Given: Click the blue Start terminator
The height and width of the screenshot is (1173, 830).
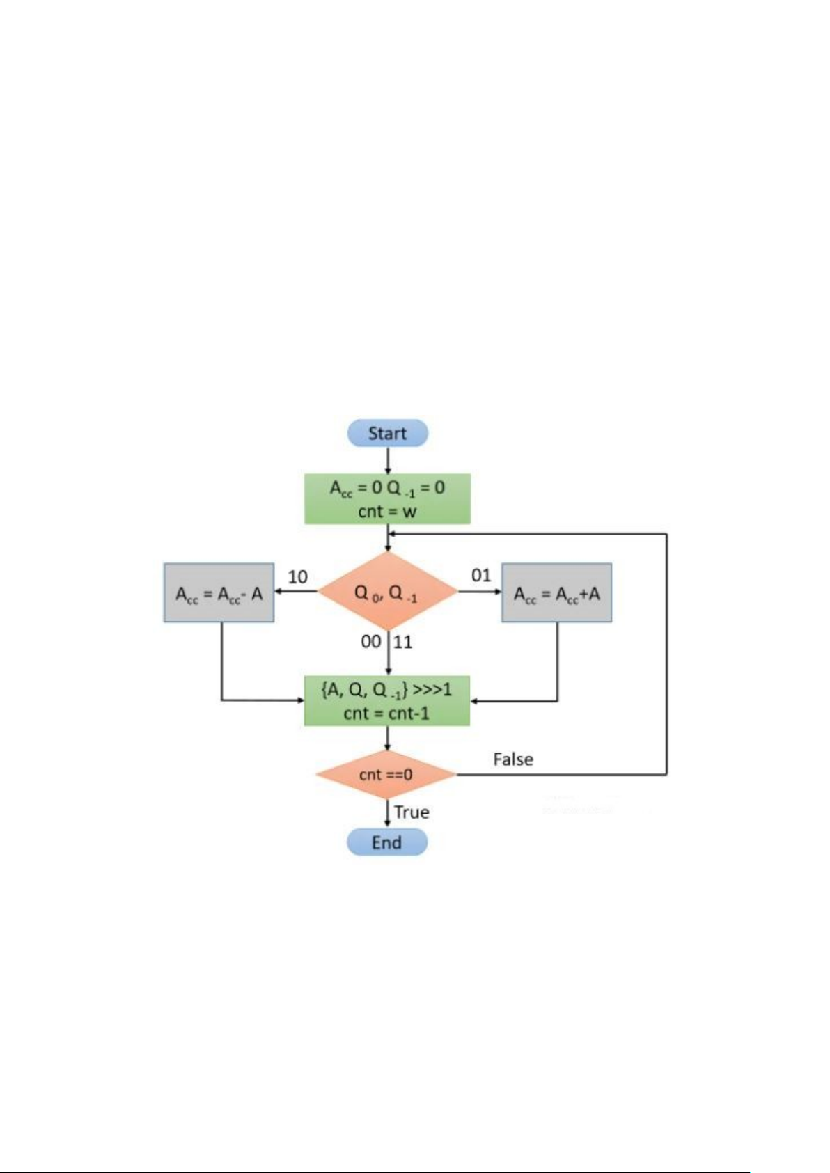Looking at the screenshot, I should coord(387,433).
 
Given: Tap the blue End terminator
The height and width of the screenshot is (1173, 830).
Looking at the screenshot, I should coord(386,842).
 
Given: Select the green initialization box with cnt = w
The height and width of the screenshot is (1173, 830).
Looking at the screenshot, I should coord(387,498).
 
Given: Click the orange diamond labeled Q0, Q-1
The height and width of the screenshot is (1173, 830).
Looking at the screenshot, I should coord(387,592).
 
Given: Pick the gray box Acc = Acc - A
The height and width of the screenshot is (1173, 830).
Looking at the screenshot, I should coord(219,593).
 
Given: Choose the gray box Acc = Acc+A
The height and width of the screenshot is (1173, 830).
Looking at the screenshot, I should coord(556,593).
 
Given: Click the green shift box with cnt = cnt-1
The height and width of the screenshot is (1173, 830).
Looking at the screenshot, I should coord(387,701).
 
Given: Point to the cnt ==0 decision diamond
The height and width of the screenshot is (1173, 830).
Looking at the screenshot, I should coord(386,774).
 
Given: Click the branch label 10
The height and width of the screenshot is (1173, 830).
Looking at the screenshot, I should coord(297,576).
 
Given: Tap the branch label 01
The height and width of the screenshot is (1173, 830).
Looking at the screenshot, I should coord(481,576).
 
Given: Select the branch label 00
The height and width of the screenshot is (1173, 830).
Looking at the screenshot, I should coord(371,641).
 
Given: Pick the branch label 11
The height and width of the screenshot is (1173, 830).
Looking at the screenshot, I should coord(403,641).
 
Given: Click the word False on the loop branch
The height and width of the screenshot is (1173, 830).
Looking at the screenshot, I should coord(513,759).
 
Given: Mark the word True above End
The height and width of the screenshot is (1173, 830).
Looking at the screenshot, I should coord(412,812).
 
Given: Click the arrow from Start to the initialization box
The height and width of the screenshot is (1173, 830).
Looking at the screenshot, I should coord(387,460).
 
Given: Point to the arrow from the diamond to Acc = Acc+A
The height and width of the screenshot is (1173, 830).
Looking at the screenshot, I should coord(480,592).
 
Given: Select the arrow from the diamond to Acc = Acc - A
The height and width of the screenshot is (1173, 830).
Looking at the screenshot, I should coord(296,592).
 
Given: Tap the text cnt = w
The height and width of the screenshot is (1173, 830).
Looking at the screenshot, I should coord(387,512).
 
